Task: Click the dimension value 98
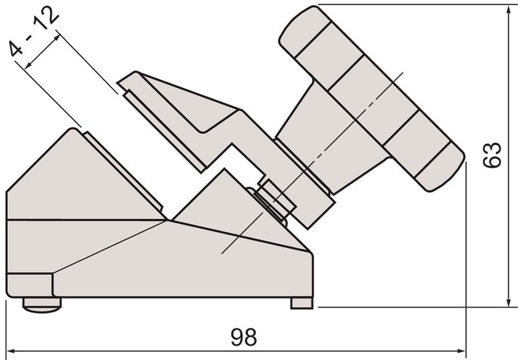(245, 337)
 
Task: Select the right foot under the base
(301, 302)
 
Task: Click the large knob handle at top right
(369, 97)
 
